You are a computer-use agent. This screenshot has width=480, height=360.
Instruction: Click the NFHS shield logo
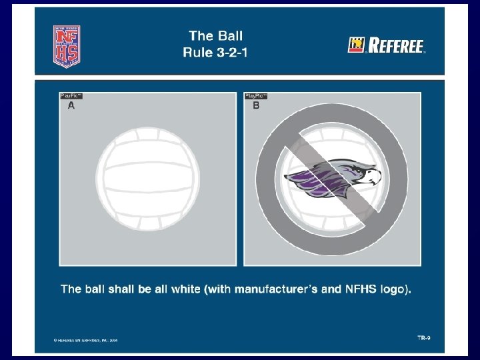[67, 45]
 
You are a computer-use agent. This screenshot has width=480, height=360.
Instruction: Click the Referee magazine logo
[387, 45]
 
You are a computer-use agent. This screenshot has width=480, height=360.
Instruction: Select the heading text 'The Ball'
[216, 36]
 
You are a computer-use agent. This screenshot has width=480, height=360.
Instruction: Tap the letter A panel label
[71, 105]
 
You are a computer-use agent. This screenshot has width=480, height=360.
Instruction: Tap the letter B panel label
[256, 105]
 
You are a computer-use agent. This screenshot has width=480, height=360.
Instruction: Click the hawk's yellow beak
[374, 176]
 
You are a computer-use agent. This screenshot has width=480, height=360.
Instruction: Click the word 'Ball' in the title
[229, 36]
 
